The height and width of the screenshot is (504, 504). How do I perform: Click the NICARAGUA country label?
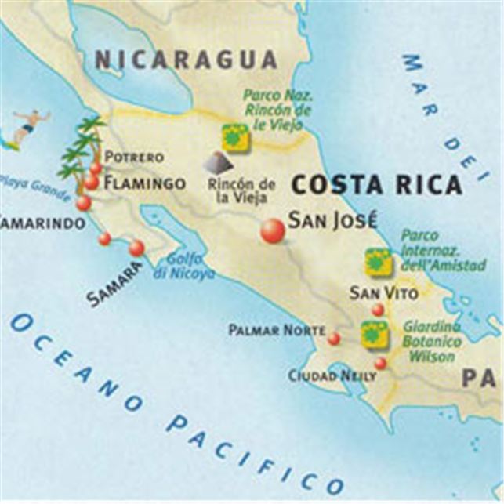click(x=186, y=60)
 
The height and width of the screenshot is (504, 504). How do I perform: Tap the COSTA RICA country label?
click(x=377, y=185)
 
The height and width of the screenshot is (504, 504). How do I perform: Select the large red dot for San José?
click(x=273, y=231)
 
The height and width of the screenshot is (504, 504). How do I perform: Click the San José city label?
click(x=332, y=220)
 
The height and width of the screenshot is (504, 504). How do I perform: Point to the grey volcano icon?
click(x=219, y=162)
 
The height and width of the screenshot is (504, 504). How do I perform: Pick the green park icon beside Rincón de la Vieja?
click(x=234, y=136)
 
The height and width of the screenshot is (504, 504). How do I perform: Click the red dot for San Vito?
click(x=378, y=310)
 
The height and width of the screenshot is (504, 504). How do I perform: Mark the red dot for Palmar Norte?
click(x=334, y=339)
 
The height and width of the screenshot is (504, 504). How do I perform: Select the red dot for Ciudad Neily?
click(x=380, y=363)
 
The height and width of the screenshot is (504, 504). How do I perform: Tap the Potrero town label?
click(x=134, y=157)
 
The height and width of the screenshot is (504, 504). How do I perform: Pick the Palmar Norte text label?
click(x=276, y=331)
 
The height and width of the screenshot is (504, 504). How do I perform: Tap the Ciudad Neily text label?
click(x=332, y=376)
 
